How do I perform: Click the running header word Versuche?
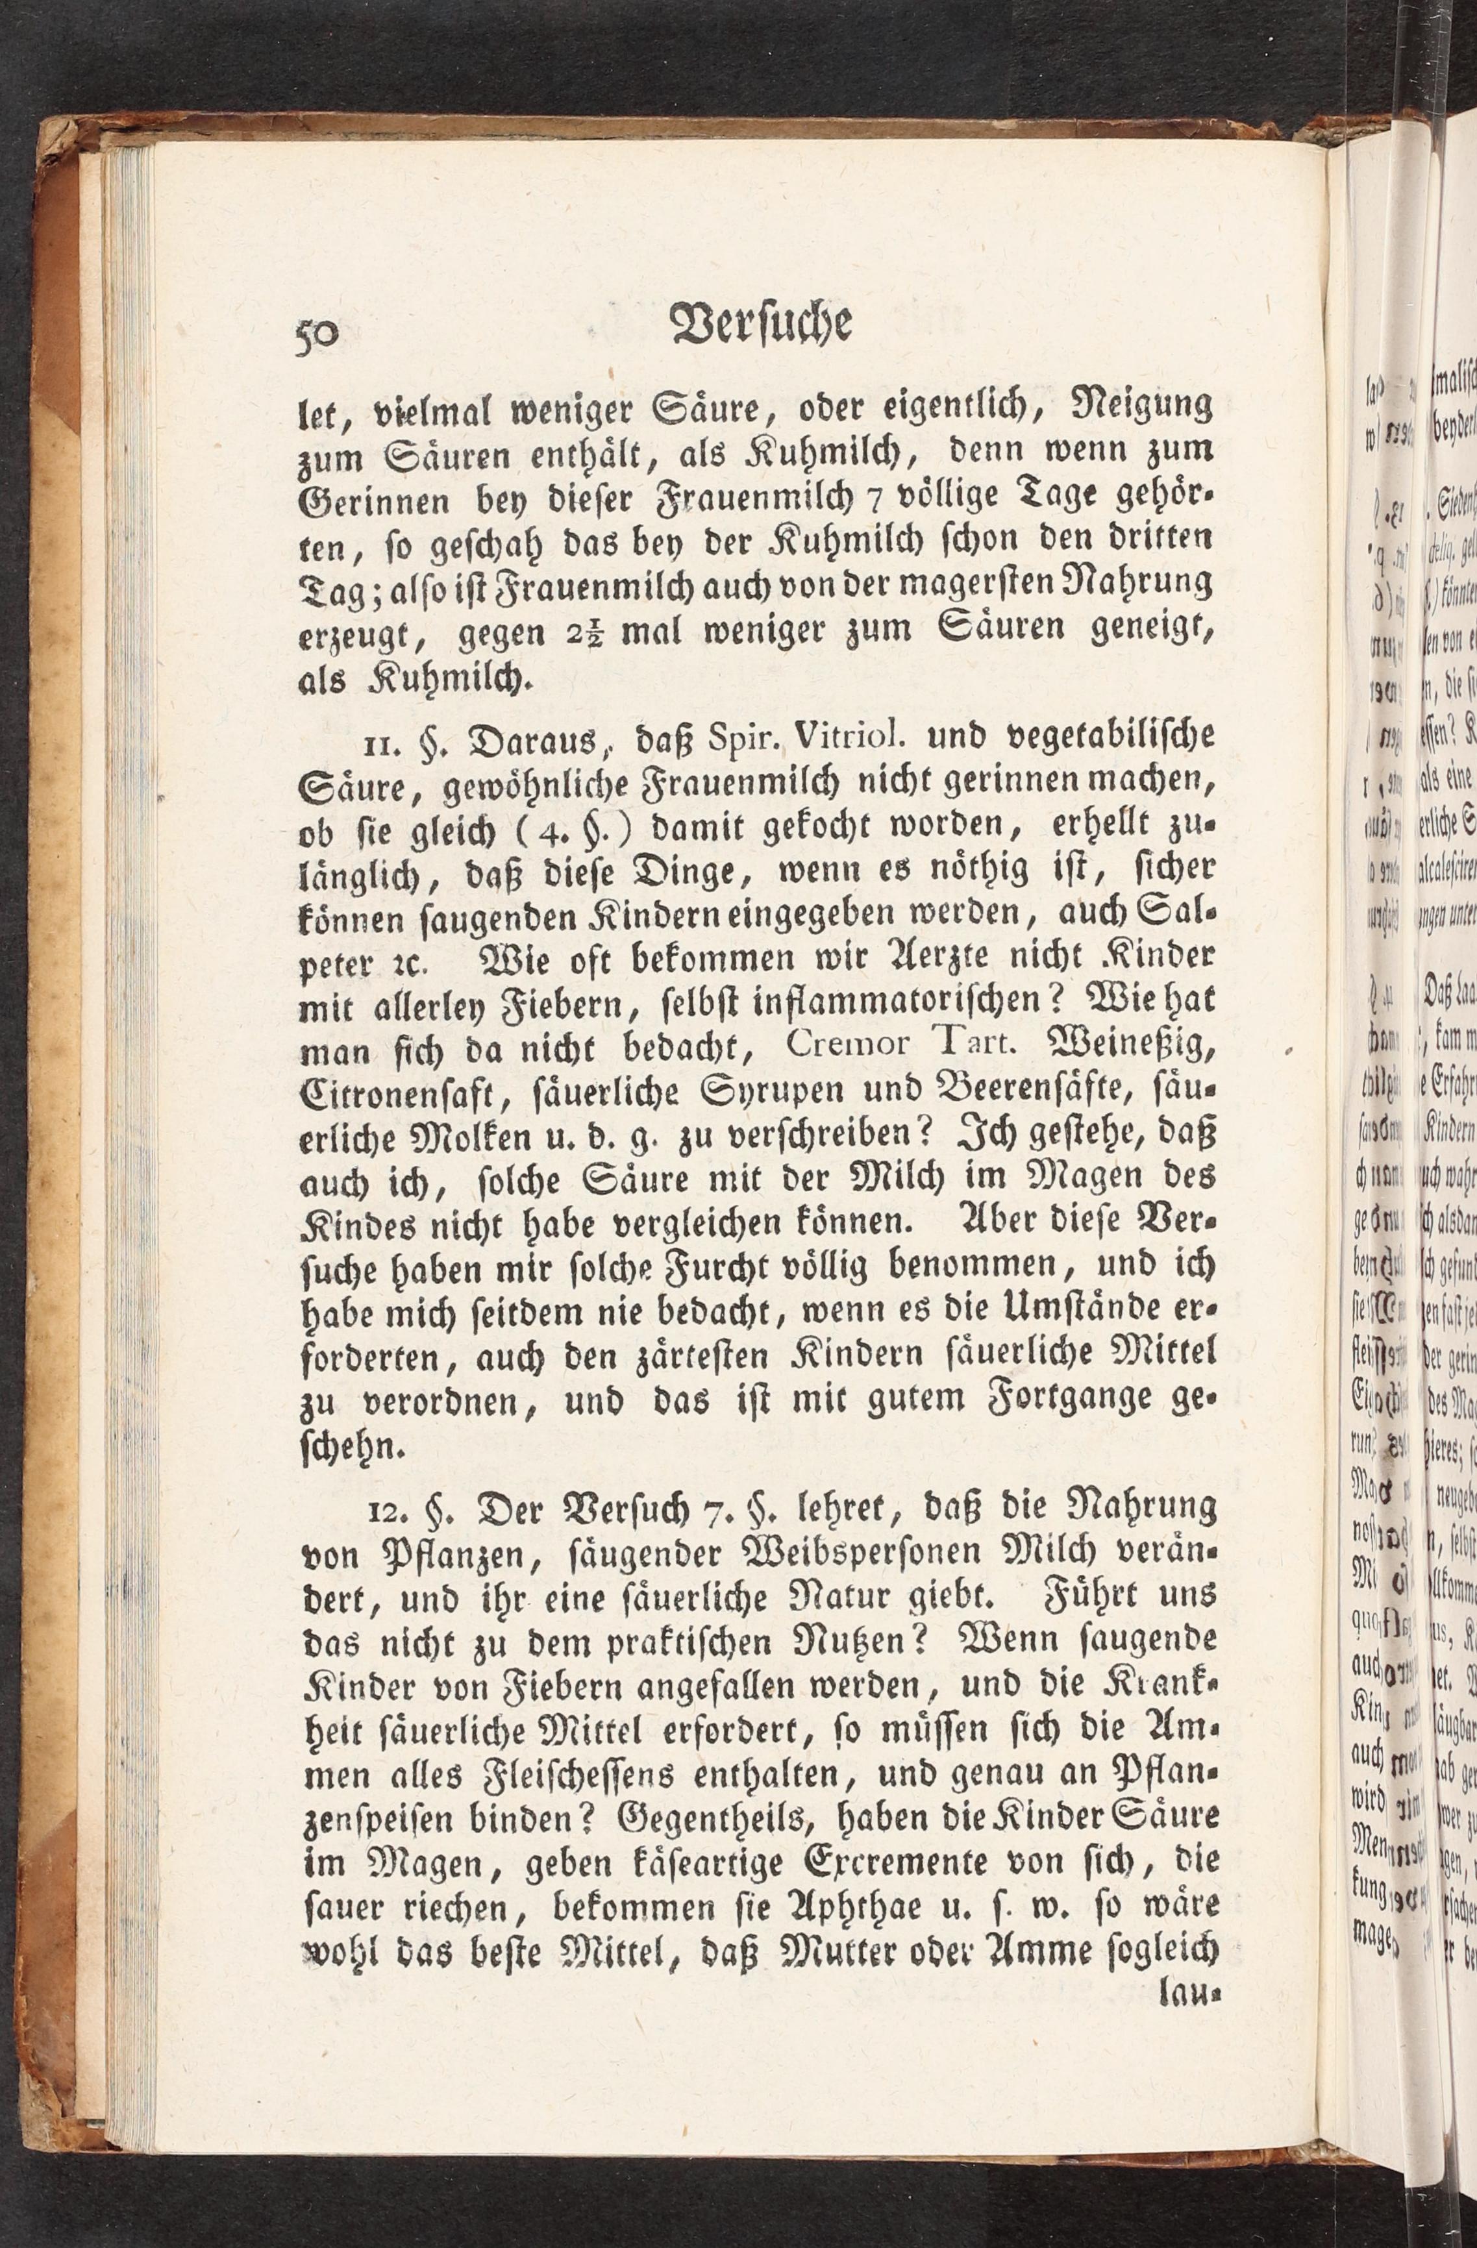(x=760, y=323)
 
